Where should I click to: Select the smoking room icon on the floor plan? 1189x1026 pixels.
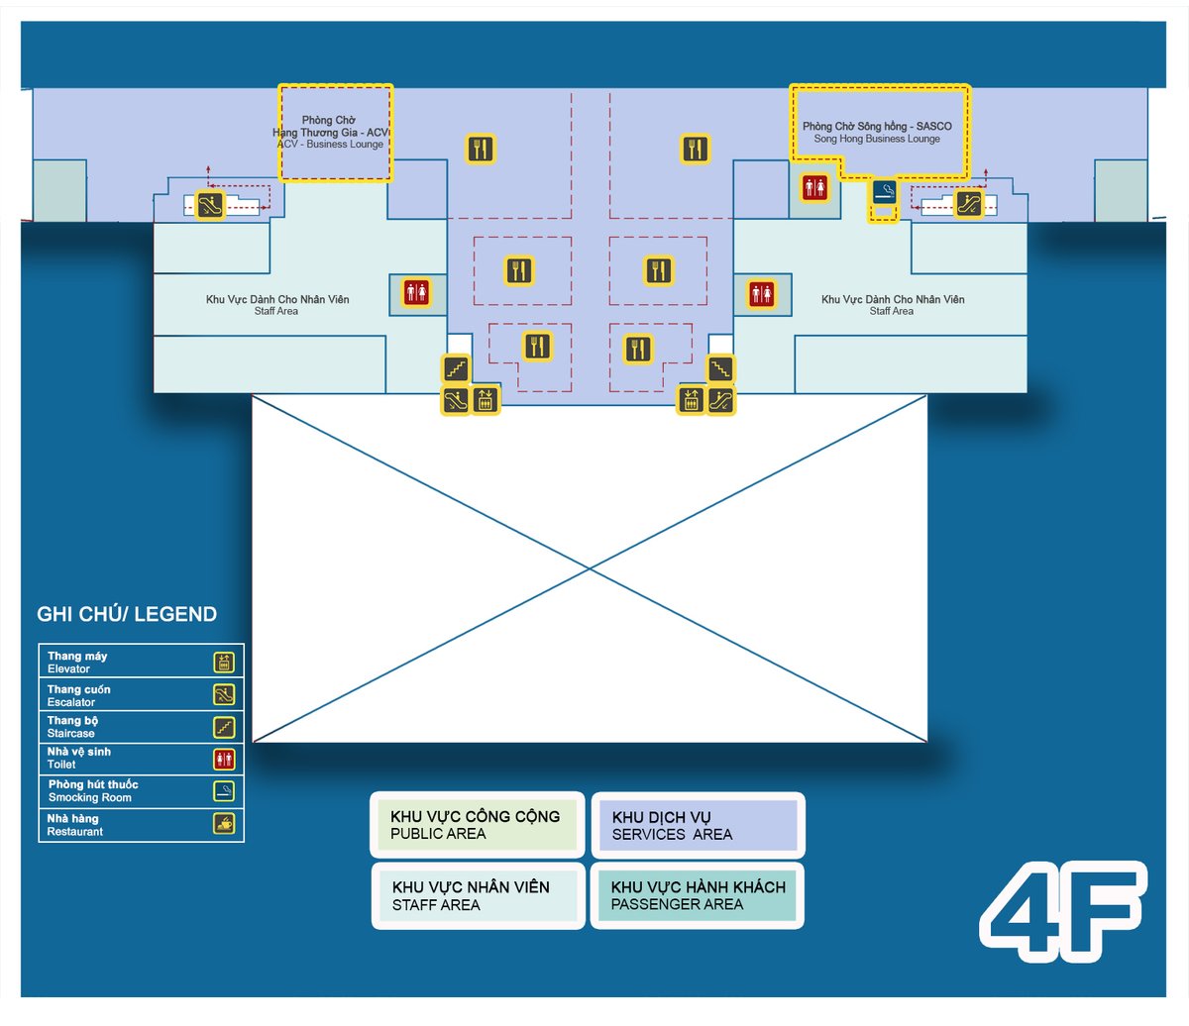pos(884,192)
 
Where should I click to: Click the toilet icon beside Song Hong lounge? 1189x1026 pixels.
pos(815,187)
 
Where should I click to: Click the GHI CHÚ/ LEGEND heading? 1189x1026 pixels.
pos(127,614)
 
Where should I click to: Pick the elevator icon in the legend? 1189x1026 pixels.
pos(225,663)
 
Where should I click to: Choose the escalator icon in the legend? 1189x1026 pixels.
pos(225,695)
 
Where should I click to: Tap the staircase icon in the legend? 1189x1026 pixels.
pos(225,728)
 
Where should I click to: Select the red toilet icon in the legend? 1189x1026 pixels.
pos(225,760)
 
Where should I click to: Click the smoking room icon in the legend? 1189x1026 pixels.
pos(225,791)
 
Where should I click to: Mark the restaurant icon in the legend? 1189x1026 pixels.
pos(225,824)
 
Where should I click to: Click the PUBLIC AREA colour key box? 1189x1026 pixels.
pos(475,825)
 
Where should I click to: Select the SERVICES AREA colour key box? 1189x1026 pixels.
pos(698,825)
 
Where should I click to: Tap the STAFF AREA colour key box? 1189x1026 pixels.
pos(478,895)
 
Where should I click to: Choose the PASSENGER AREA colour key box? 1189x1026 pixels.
pos(698,895)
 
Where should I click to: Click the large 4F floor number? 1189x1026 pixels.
pos(1062,911)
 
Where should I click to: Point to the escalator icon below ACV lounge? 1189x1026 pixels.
pos(209,205)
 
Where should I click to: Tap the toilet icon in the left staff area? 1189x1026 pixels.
pos(416,293)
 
